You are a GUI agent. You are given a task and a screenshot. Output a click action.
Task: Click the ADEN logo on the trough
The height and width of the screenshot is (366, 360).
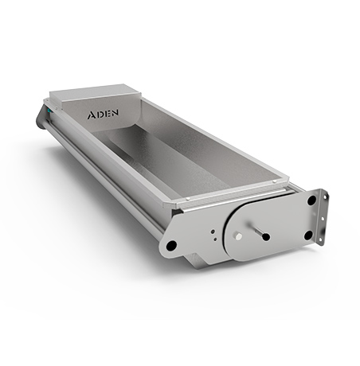tap(103, 114)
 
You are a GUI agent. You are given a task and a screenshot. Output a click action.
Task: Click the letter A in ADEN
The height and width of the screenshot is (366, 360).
tap(92, 115)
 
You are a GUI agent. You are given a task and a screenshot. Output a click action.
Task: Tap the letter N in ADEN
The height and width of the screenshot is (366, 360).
tap(115, 113)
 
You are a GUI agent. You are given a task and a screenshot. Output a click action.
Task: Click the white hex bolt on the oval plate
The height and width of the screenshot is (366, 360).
tap(238, 236)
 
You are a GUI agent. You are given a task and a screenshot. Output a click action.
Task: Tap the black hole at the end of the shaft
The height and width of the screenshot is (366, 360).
tap(266, 237)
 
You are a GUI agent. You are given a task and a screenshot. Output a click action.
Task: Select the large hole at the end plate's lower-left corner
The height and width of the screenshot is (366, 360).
tap(171, 245)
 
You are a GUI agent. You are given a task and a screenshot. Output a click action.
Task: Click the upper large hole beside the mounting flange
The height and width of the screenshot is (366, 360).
tap(311, 201)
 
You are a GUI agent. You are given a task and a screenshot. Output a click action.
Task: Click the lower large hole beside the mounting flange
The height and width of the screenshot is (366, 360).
tap(308, 236)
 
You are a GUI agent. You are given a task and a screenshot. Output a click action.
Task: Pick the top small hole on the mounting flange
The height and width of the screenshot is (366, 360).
tap(324, 197)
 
